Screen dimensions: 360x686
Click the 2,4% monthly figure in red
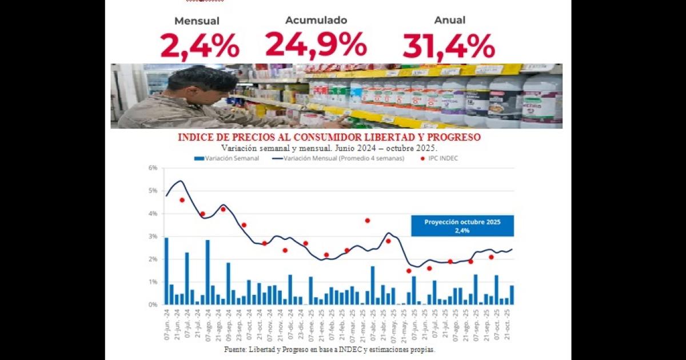199,46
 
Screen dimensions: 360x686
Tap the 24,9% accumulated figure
316,45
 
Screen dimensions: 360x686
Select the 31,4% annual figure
449,46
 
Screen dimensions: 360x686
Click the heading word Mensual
197,21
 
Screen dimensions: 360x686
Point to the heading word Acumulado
316,20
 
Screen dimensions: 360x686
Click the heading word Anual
449,20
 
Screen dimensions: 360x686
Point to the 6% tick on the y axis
153,168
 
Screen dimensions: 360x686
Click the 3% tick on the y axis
153,237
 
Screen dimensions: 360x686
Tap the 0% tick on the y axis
153,305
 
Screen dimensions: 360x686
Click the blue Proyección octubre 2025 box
462,226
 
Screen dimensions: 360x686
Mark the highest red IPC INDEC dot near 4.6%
182,200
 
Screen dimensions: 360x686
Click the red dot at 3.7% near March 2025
368,221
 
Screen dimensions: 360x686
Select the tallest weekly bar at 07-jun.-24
166,271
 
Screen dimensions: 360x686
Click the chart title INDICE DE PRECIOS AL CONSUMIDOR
329,138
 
